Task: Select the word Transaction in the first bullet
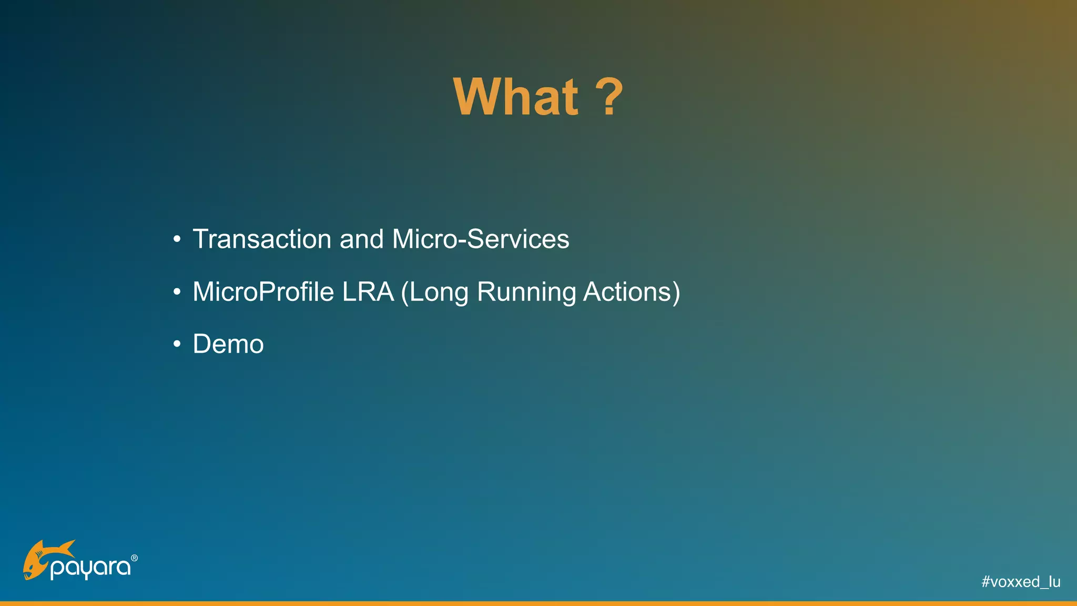pos(262,239)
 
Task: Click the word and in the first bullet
pos(361,239)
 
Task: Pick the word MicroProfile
pos(263,292)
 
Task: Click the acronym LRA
pos(368,292)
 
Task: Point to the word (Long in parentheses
pos(434,292)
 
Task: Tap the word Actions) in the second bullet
pos(631,292)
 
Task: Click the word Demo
pos(228,345)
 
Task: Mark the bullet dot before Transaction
pos(177,240)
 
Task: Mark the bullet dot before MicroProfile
pos(177,292)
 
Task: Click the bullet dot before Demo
pos(177,345)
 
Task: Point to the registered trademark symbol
pos(134,558)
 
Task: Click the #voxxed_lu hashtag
pos(1020,582)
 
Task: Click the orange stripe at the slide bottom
pos(538,603)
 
